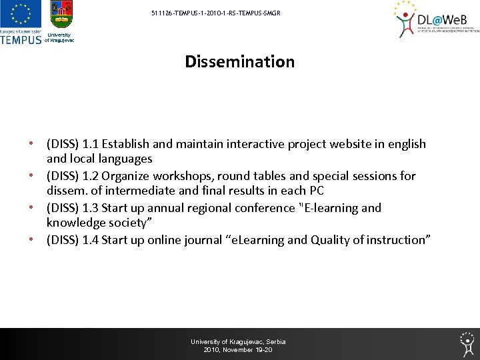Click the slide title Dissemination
click(239, 62)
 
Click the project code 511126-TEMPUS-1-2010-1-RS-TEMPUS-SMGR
click(211, 13)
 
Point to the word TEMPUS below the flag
click(21, 39)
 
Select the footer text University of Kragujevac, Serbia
click(238, 342)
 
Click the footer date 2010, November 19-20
click(238, 350)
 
